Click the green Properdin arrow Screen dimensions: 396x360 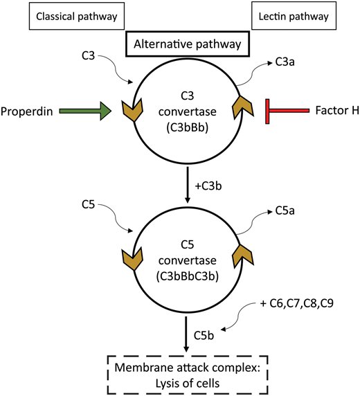[x=83, y=109]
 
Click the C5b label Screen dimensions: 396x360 [x=208, y=336]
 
